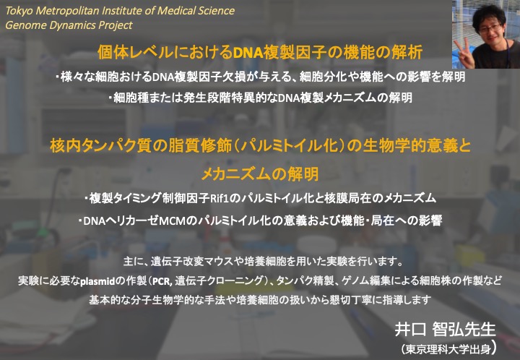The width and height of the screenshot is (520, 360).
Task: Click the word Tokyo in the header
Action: (x=19, y=12)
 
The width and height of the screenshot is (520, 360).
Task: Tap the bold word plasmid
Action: (x=97, y=281)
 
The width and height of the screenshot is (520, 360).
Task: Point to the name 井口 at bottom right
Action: (x=410, y=330)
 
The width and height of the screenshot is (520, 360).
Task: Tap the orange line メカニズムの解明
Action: (x=260, y=174)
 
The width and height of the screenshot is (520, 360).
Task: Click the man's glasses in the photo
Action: (x=490, y=28)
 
